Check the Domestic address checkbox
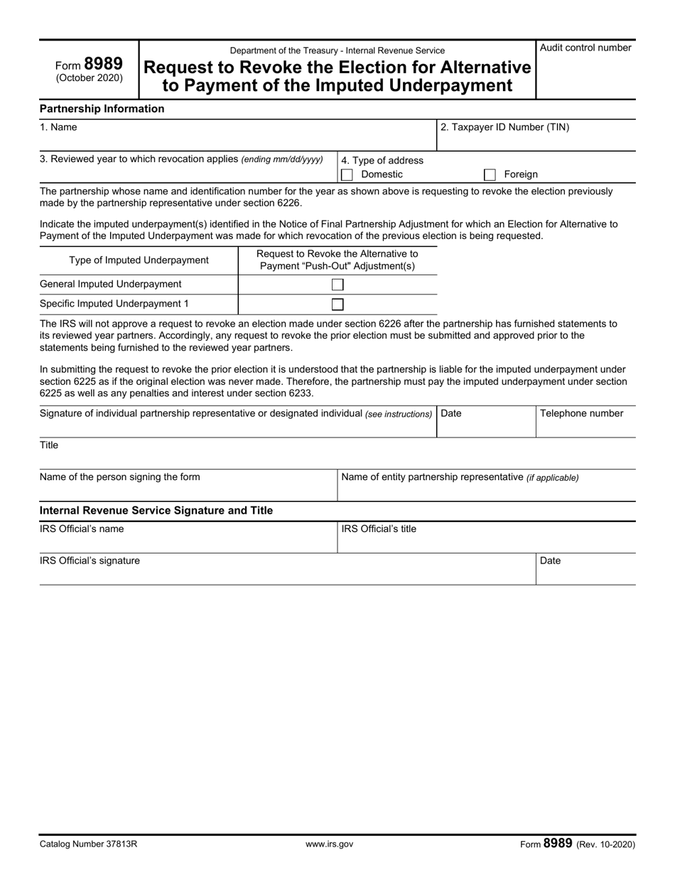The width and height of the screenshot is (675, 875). click(x=347, y=175)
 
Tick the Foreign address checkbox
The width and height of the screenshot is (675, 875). click(x=490, y=175)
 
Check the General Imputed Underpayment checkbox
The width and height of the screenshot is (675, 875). click(x=338, y=285)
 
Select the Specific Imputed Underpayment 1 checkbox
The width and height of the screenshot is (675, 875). click(x=338, y=304)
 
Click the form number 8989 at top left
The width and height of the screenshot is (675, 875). click(x=102, y=64)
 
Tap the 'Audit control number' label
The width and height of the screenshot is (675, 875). click(x=585, y=48)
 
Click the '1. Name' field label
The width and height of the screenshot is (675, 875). click(x=58, y=127)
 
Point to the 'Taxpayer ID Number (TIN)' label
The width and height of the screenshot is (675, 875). click(x=504, y=127)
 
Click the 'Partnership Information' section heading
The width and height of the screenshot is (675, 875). click(x=102, y=109)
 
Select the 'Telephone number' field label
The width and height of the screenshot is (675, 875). click(x=581, y=413)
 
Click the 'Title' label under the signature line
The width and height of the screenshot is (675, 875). click(x=49, y=445)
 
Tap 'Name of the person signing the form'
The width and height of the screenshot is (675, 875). click(x=120, y=477)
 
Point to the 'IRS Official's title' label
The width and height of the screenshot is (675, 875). click(x=379, y=529)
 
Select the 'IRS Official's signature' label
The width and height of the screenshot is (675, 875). click(x=90, y=561)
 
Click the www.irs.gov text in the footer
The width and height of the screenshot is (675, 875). click(x=329, y=844)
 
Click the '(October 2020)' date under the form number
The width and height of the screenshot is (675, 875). click(x=90, y=78)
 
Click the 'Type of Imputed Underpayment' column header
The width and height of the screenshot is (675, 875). click(x=139, y=260)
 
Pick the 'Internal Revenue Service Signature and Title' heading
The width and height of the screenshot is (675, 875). click(x=156, y=511)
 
